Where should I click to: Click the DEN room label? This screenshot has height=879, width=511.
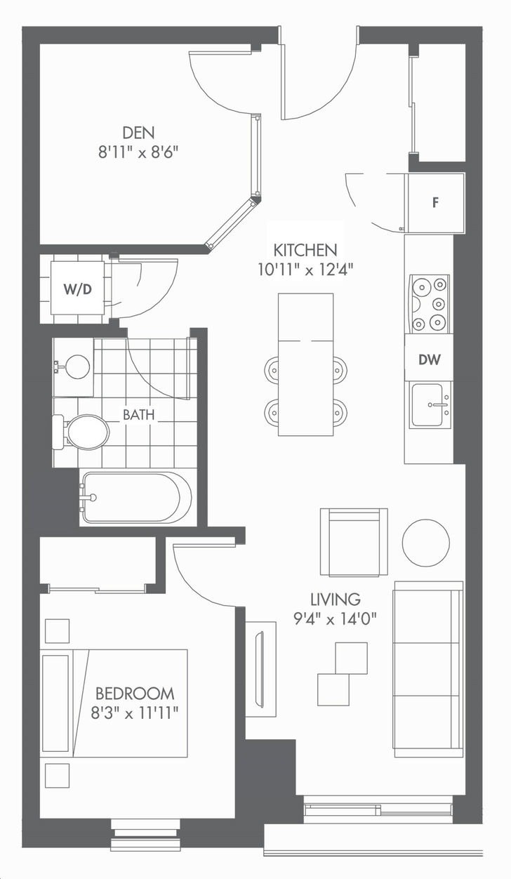138,133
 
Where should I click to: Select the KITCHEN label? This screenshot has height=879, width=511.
305,250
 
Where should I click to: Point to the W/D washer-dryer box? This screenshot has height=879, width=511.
78,289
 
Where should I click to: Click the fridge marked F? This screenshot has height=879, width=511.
435,203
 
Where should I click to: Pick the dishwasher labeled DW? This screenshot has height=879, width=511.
429,359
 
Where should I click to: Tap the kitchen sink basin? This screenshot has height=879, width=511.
430,404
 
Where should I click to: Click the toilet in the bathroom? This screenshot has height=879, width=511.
81,432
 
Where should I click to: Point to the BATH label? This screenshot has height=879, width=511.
138,415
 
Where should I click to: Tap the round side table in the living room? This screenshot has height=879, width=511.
426,543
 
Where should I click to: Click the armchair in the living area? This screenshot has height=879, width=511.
354,542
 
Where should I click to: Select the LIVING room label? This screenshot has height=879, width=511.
336,599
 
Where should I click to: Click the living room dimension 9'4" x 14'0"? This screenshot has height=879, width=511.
335,619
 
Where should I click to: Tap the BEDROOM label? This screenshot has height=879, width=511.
135,694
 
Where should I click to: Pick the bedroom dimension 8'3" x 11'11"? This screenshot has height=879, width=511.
135,713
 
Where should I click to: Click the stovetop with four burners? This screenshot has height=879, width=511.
430,304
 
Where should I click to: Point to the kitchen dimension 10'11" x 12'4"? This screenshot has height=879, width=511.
305,270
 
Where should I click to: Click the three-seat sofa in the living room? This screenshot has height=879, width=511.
428,668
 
